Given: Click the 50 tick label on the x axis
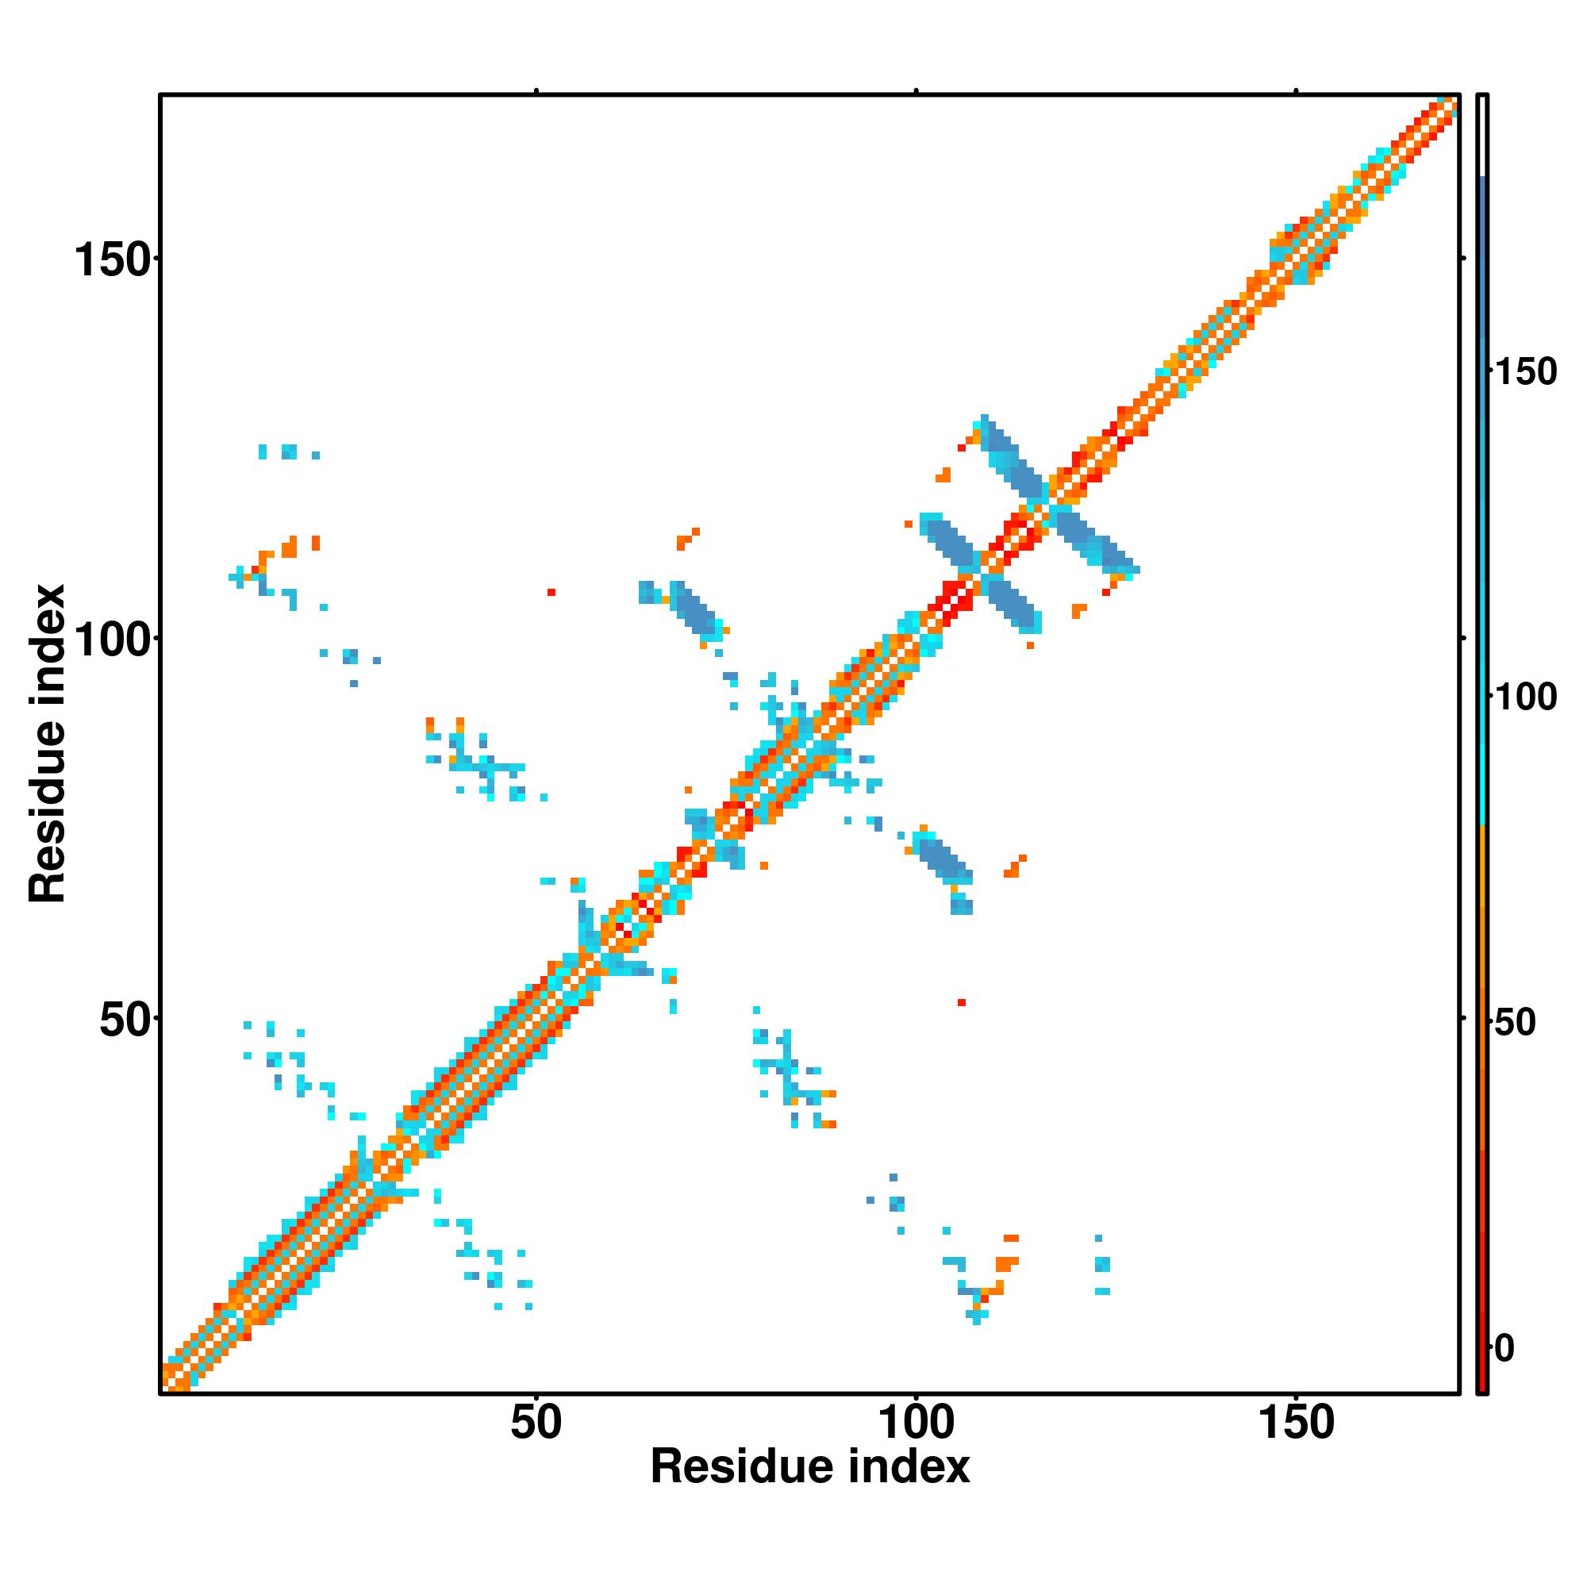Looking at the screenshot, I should coord(536,1422).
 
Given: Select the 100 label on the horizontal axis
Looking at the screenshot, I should coord(916,1422).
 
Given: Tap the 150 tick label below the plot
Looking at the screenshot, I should coord(1297,1422).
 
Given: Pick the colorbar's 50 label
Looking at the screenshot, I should coord(1514,1023).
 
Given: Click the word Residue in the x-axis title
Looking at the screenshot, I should coord(740,1467).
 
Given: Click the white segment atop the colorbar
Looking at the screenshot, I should coord(1483,136).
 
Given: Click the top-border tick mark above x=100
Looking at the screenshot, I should coord(916,91).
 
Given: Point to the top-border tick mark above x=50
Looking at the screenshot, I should coord(536,91).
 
